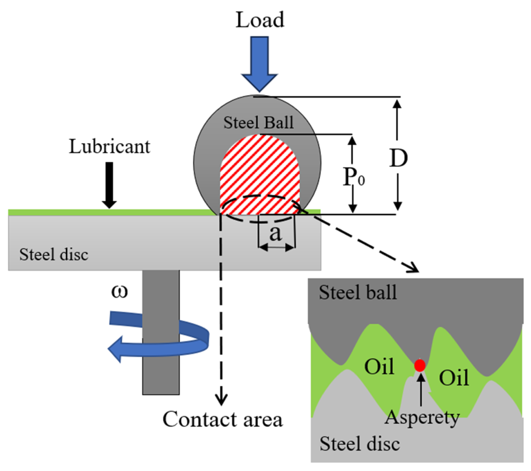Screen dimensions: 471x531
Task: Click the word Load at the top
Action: pyautogui.click(x=260, y=20)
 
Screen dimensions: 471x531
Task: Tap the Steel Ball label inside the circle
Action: pyautogui.click(x=258, y=123)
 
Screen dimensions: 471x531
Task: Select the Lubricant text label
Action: pyautogui.click(x=110, y=147)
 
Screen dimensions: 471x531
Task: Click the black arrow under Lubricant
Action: pyautogui.click(x=110, y=185)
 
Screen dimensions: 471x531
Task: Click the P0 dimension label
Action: pyautogui.click(x=353, y=177)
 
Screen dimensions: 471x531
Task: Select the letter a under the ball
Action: pyautogui.click(x=275, y=233)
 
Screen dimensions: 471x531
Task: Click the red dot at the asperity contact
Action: pyautogui.click(x=420, y=365)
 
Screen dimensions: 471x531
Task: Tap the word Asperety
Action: pyautogui.click(x=422, y=418)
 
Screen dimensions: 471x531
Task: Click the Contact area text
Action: pyautogui.click(x=222, y=419)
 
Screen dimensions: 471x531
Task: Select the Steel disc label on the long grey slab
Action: pyautogui.click(x=54, y=255)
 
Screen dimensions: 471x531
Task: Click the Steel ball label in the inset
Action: pyautogui.click(x=358, y=292)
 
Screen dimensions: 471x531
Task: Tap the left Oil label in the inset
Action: pyautogui.click(x=379, y=366)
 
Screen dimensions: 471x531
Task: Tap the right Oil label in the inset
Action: pyautogui.click(x=454, y=378)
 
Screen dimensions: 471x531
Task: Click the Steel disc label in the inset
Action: pyautogui.click(x=359, y=444)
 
